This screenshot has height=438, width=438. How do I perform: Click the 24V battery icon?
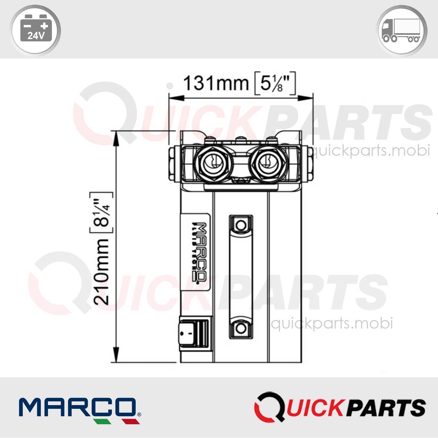36,30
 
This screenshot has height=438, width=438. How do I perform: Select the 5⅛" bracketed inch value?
275,83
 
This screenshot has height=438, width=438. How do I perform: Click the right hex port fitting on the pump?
268,164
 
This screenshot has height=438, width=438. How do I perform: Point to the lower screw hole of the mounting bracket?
241,328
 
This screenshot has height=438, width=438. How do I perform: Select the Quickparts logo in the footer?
340,407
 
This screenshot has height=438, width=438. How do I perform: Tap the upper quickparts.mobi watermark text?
370,151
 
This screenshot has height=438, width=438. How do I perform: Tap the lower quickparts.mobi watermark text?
332,323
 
